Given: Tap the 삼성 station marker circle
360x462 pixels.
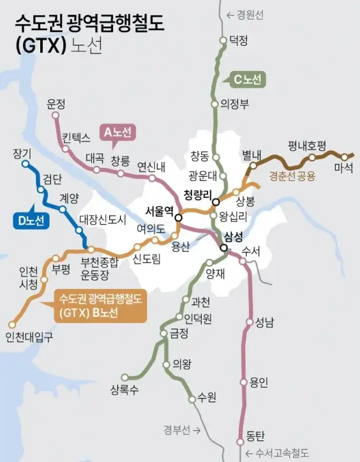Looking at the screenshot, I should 224,249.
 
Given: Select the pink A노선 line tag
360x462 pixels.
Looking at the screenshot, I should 117,133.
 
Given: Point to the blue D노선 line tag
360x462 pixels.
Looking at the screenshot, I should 31,221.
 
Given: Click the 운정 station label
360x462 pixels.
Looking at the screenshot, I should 57,104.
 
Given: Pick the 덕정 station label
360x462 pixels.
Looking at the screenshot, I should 238,41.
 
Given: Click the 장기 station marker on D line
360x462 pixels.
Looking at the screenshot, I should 26,164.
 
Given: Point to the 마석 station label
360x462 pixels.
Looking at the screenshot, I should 342,168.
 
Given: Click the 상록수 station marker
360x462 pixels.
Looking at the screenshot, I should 125,377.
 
